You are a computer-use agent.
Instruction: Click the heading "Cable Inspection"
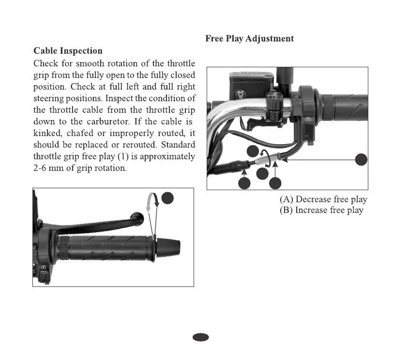click(x=68, y=51)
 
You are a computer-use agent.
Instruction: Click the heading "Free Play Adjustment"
click(x=249, y=38)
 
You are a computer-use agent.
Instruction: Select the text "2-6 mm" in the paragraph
click(x=50, y=169)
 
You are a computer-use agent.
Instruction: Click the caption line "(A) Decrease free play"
click(x=323, y=199)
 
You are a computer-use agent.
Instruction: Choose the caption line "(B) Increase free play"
click(x=321, y=210)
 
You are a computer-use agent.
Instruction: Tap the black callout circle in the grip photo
click(x=167, y=197)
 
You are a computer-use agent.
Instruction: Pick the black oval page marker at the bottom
click(x=201, y=337)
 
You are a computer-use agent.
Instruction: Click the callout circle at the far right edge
click(x=361, y=160)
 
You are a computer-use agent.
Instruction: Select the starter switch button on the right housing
click(x=308, y=119)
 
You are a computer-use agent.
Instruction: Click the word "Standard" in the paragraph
click(x=178, y=146)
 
